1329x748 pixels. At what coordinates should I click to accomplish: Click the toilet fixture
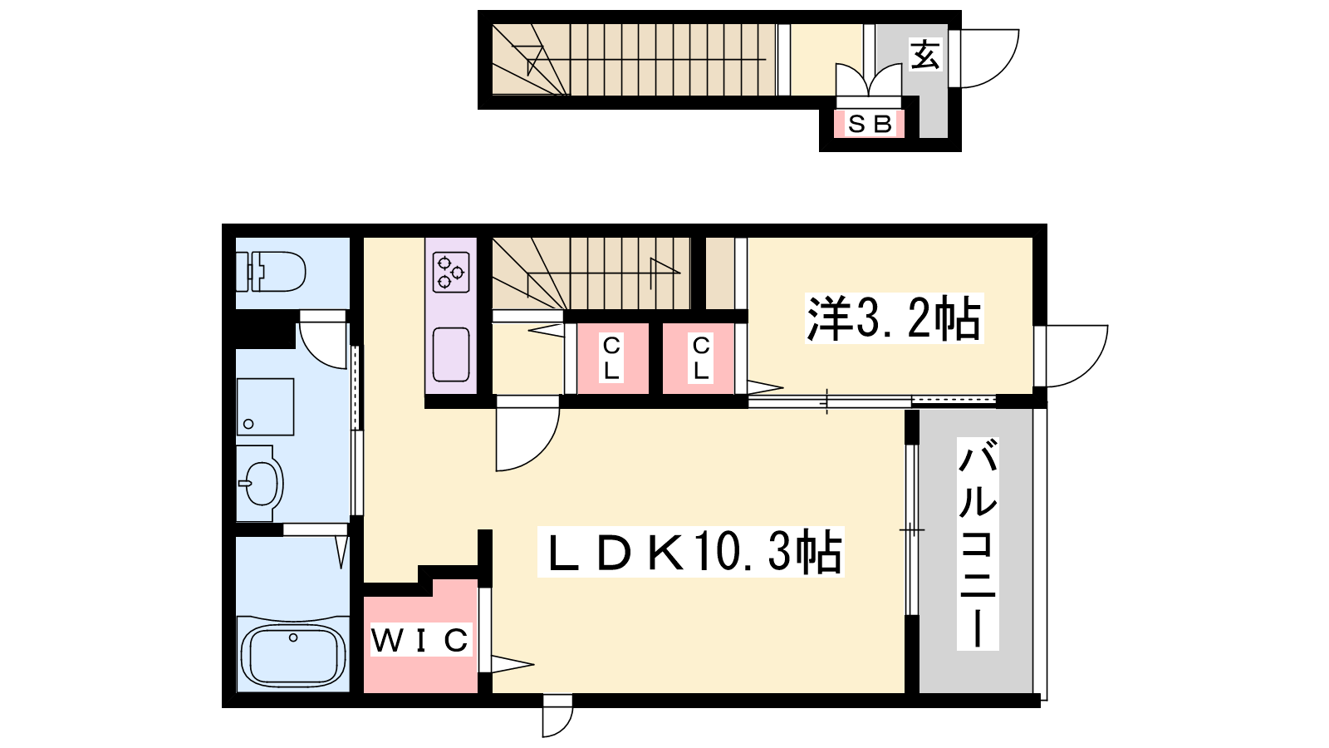tap(271, 271)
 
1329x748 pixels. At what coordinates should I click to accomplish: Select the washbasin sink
tap(261, 483)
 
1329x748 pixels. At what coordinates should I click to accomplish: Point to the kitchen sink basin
tap(451, 354)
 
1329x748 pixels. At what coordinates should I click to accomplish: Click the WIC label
tap(420, 640)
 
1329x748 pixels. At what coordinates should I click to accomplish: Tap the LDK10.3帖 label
tap(691, 552)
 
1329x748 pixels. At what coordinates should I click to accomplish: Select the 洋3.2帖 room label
tap(894, 318)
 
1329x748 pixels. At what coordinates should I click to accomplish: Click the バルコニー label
tap(977, 544)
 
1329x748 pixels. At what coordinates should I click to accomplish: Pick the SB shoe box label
tap(870, 124)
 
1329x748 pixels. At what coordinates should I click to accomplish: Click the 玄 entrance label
tap(925, 55)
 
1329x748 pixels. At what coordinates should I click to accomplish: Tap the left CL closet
tap(611, 358)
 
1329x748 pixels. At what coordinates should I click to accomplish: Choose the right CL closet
tap(700, 358)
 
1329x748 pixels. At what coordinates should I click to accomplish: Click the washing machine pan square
tap(265, 406)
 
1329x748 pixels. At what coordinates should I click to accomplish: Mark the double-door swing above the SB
tap(869, 80)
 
